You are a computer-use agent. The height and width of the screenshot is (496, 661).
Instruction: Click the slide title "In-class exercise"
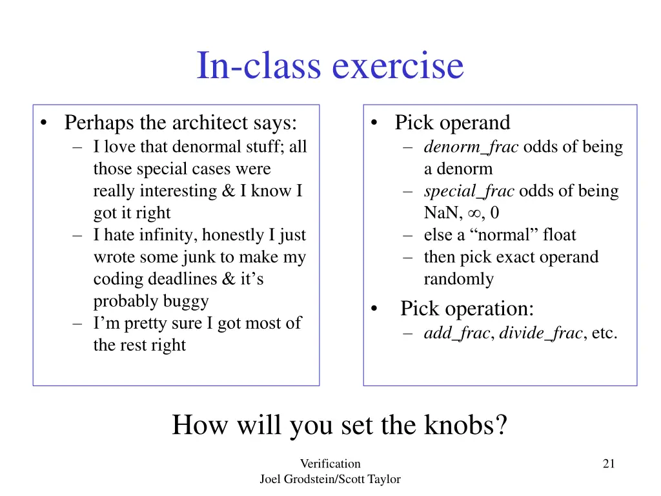(330, 66)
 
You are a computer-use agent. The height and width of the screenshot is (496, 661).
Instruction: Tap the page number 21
(608, 463)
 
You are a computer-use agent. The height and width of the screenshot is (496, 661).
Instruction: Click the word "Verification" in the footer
(330, 463)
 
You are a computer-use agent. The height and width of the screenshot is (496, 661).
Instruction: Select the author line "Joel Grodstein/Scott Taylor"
(330, 479)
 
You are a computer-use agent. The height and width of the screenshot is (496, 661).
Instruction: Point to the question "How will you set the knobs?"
(340, 425)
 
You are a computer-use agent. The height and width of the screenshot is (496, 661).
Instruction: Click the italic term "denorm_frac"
(471, 147)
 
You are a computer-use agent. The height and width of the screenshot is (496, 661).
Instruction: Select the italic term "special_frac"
(469, 191)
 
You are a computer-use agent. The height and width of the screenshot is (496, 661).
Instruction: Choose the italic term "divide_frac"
(541, 333)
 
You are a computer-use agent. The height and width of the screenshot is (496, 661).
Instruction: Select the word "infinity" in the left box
(151, 235)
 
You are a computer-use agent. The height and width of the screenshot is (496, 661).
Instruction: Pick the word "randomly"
(458, 279)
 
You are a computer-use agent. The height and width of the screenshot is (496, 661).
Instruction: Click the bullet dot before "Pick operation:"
(375, 310)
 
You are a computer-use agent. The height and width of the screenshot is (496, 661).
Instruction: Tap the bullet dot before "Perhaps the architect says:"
(43, 123)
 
